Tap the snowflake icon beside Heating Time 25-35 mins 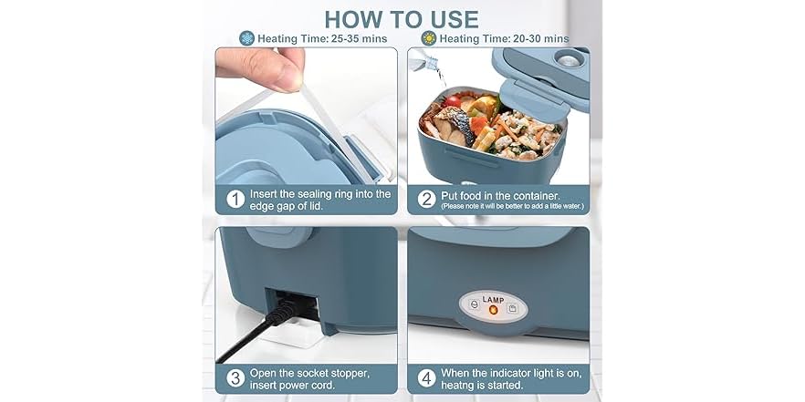coord(246,38)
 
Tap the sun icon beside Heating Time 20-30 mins coord(427,38)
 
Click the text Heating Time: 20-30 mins coord(504,38)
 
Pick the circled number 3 coord(235,377)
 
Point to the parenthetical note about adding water coord(512,207)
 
